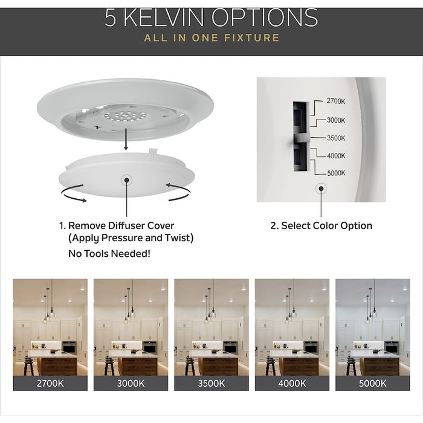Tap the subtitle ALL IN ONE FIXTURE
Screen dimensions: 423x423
click(x=211, y=38)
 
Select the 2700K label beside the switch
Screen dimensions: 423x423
click(x=336, y=101)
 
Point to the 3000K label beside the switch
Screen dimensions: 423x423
click(x=336, y=120)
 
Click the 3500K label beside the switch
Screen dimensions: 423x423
click(x=336, y=138)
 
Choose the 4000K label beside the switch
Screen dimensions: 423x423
click(x=336, y=155)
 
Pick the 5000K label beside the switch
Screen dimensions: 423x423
click(x=336, y=173)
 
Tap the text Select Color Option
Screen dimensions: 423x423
click(x=321, y=226)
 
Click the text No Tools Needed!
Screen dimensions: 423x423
click(x=109, y=253)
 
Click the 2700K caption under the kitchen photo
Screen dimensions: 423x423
click(x=49, y=383)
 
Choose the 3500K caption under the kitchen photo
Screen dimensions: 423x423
click(x=211, y=383)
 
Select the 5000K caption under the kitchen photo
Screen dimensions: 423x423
click(x=372, y=383)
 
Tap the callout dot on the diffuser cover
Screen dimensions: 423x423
click(x=127, y=179)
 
